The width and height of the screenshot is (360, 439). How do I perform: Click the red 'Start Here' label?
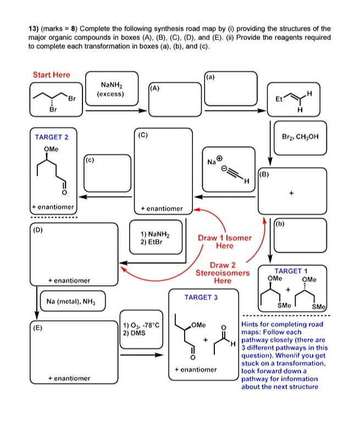tap(52, 75)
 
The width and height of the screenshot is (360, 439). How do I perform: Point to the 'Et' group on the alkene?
tap(280, 100)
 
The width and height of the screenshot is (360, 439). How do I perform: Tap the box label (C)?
tap(143, 134)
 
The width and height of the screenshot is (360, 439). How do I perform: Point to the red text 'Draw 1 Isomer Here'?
tap(225, 242)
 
